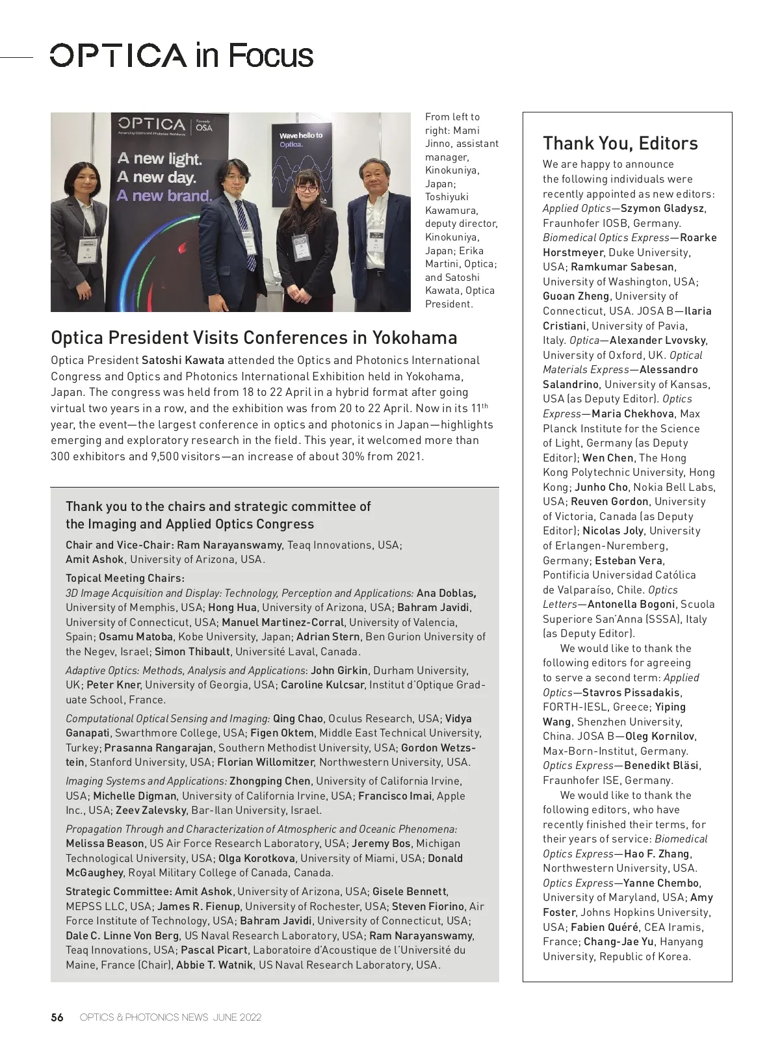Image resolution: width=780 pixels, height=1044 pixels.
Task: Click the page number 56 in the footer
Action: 57,1017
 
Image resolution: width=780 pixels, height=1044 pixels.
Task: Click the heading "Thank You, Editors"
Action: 620,143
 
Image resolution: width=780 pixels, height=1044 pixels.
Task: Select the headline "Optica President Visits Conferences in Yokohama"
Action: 253,337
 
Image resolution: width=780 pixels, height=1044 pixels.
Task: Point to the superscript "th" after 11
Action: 484,406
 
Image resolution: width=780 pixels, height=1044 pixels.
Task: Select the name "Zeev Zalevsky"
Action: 152,810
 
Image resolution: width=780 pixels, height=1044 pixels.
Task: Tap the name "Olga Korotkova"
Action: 256,858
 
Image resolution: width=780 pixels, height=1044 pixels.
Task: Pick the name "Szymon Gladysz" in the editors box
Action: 662,208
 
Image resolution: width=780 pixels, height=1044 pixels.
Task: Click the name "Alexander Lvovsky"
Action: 658,340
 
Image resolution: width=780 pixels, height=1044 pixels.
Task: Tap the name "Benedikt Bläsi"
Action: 662,765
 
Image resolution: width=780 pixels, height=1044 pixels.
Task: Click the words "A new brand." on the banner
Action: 164,195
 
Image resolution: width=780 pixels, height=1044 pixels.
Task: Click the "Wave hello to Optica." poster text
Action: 300,139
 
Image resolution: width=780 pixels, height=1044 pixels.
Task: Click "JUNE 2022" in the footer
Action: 237,1017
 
